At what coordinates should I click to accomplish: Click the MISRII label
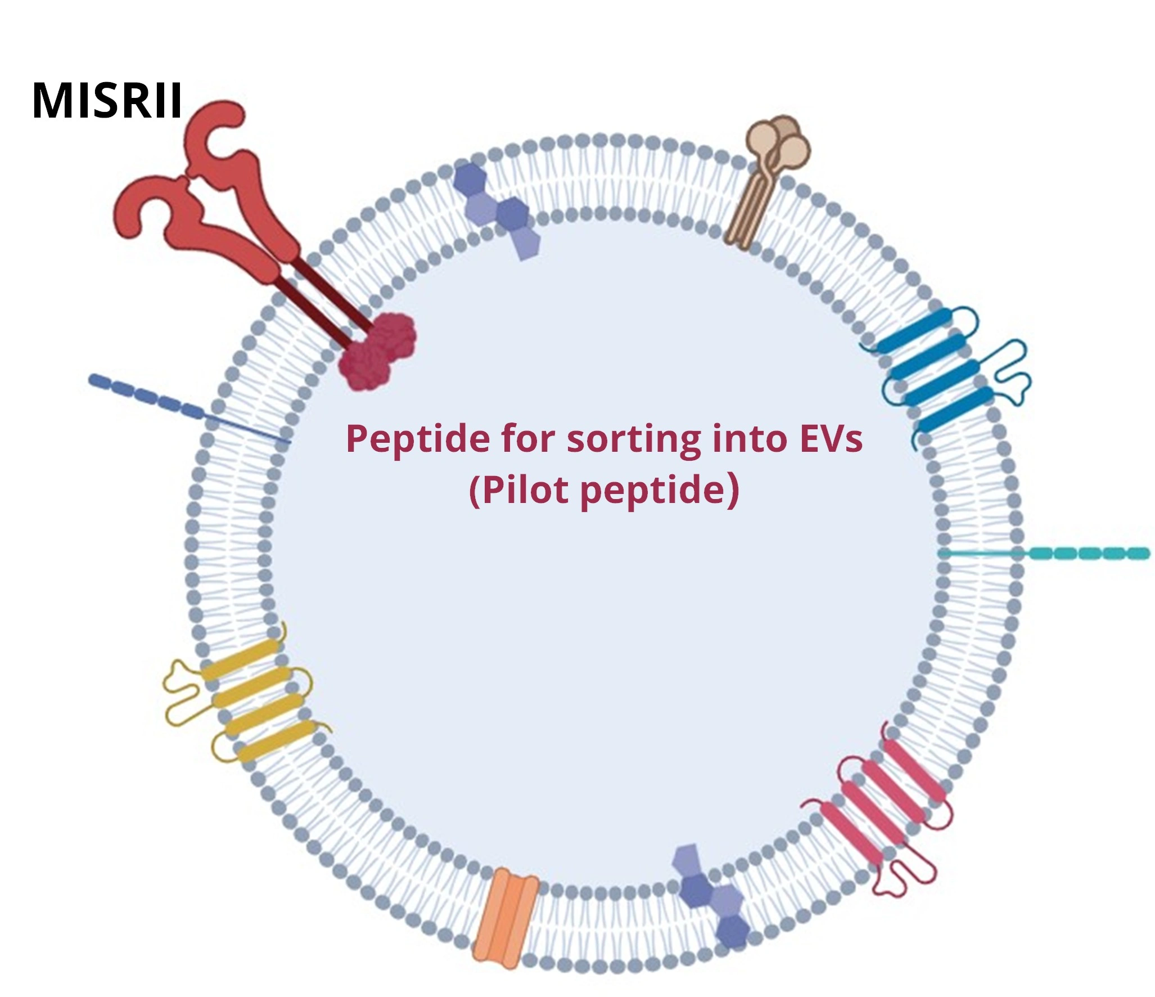[107, 101]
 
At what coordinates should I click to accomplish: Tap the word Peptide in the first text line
[418, 439]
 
